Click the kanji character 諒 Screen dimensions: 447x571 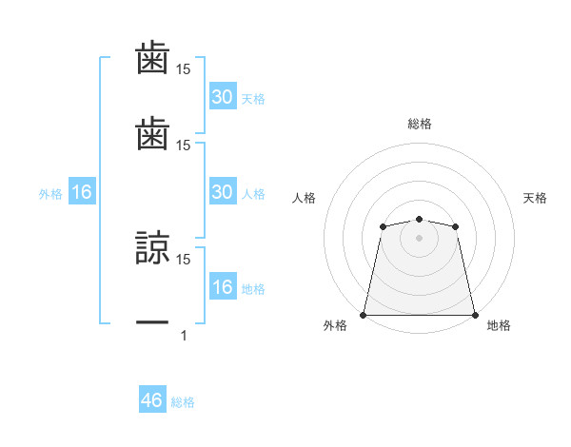(152, 249)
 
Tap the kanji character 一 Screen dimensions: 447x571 (152, 324)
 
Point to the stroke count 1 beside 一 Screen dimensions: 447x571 (184, 335)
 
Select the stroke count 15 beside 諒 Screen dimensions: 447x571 (184, 259)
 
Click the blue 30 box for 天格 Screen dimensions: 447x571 (223, 96)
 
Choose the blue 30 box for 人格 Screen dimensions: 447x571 (223, 192)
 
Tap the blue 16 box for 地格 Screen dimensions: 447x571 (223, 287)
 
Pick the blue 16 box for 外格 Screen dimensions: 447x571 (82, 192)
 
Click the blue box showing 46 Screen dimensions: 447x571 (152, 400)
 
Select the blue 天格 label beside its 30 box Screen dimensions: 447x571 (253, 98)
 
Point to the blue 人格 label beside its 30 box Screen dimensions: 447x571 (253, 194)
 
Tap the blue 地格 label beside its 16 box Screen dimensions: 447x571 (253, 289)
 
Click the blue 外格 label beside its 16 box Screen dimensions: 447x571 (50, 194)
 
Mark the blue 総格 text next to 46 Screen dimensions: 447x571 (183, 402)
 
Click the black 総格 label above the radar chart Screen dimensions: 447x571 (420, 124)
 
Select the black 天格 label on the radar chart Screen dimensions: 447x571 (535, 198)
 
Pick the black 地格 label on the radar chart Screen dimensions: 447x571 (499, 325)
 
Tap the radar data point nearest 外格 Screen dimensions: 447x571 (364, 315)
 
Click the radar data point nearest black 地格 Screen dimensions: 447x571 (475, 315)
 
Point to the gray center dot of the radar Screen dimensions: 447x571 (419, 238)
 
